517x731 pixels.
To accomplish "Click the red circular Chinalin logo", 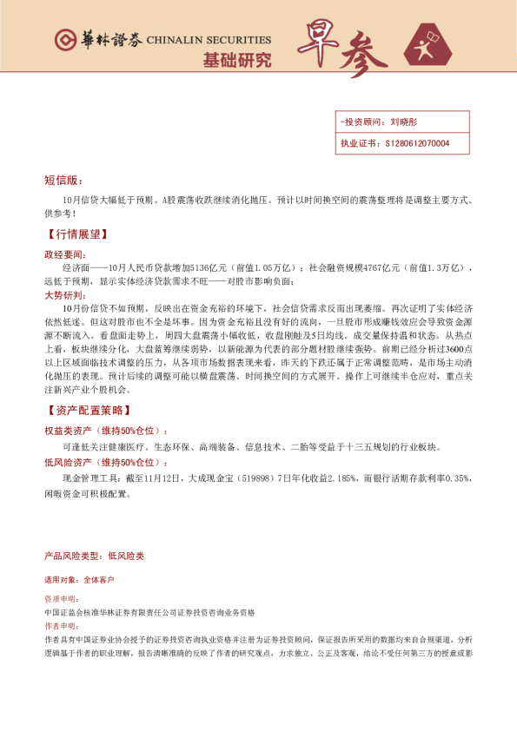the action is pos(63,40).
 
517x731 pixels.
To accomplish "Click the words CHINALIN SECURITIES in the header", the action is pos(209,40).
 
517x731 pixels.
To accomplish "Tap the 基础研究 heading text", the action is pos(236,61).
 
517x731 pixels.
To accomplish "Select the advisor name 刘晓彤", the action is pos(404,122).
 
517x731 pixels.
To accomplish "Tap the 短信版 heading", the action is pos(63,181).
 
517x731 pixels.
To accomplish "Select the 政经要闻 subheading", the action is pos(65,255).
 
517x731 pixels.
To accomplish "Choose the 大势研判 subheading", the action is pos(65,295).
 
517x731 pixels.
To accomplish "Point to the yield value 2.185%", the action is pos(341,477).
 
